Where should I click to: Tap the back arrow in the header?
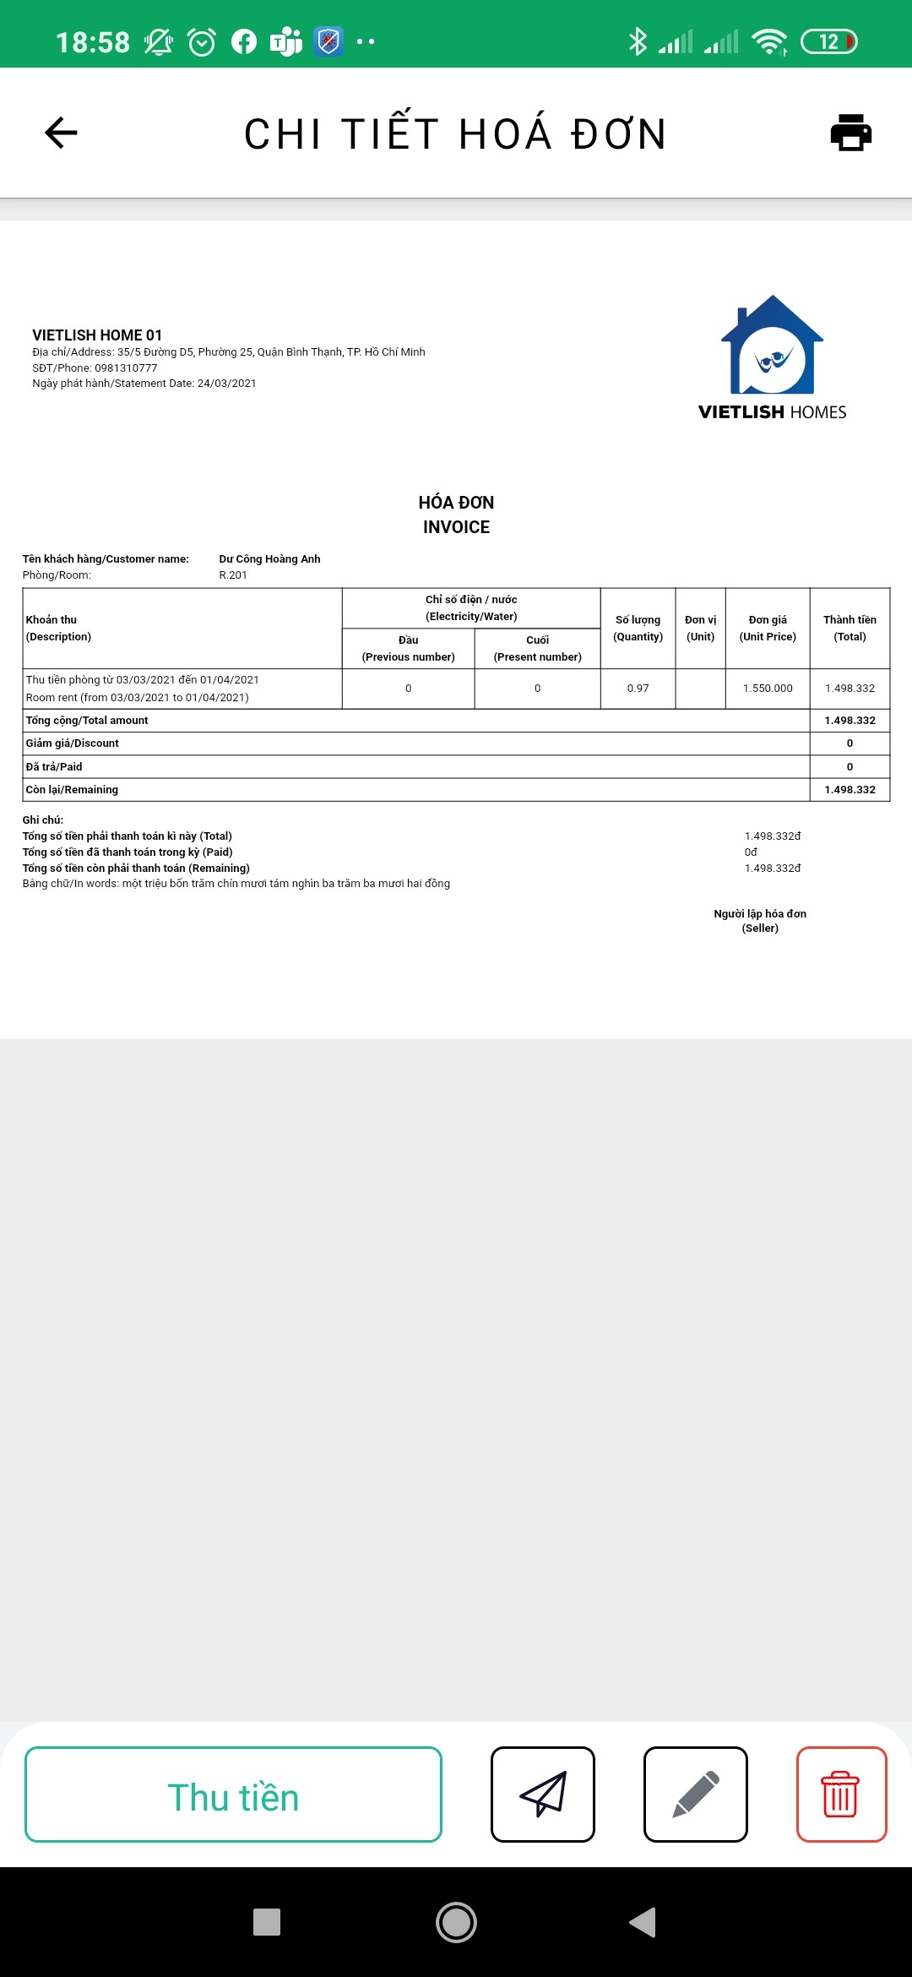click(61, 133)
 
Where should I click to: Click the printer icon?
click(850, 133)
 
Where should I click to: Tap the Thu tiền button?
click(233, 1795)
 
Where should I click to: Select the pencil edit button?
click(695, 1795)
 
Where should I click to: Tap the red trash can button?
click(840, 1795)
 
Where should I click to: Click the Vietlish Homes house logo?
click(772, 346)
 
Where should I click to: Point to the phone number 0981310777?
click(126, 368)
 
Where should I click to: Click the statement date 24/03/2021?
click(226, 384)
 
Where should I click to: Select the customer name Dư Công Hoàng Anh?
click(269, 559)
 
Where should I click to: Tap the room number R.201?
click(233, 575)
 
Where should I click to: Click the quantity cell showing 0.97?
click(638, 689)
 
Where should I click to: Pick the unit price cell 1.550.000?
click(768, 689)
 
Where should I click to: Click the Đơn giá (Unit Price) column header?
click(768, 629)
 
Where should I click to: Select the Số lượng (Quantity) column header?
click(638, 629)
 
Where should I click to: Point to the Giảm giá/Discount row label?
click(73, 743)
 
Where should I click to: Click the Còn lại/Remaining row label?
click(73, 790)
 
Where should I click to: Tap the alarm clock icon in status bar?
click(201, 41)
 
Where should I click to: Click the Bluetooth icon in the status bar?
click(638, 41)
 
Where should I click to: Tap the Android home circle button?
click(456, 1922)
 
